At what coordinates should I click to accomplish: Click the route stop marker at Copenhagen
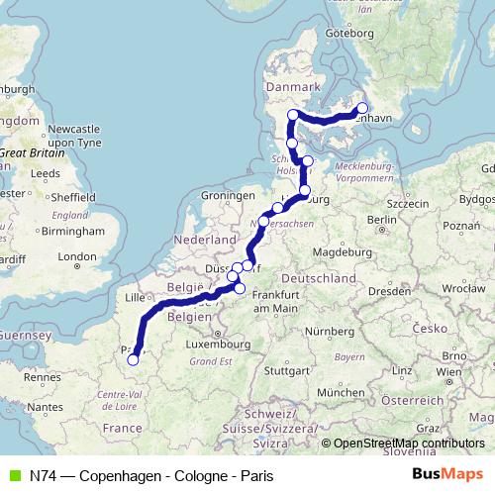362,109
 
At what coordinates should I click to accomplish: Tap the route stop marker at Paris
133,360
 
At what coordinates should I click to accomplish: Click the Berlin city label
381,219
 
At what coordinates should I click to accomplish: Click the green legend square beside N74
12,474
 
